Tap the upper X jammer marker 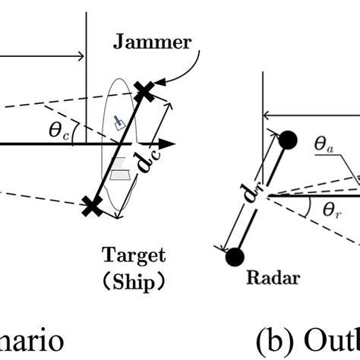[144, 91]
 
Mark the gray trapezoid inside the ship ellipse [115, 174]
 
